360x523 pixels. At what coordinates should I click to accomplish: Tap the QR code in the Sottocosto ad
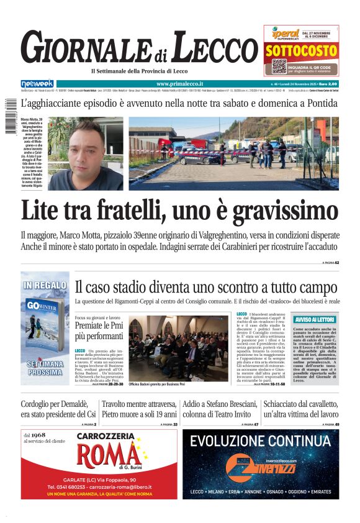click(279, 66)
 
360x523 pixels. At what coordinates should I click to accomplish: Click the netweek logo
click(37, 83)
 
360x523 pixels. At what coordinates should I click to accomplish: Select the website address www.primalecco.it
click(174, 83)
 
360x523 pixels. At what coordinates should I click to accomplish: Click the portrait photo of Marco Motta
click(86, 153)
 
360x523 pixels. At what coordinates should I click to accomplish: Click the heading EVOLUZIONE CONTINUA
click(260, 442)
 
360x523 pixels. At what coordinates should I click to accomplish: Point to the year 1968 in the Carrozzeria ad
click(38, 435)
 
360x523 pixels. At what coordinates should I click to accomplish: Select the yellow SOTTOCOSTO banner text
click(301, 51)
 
